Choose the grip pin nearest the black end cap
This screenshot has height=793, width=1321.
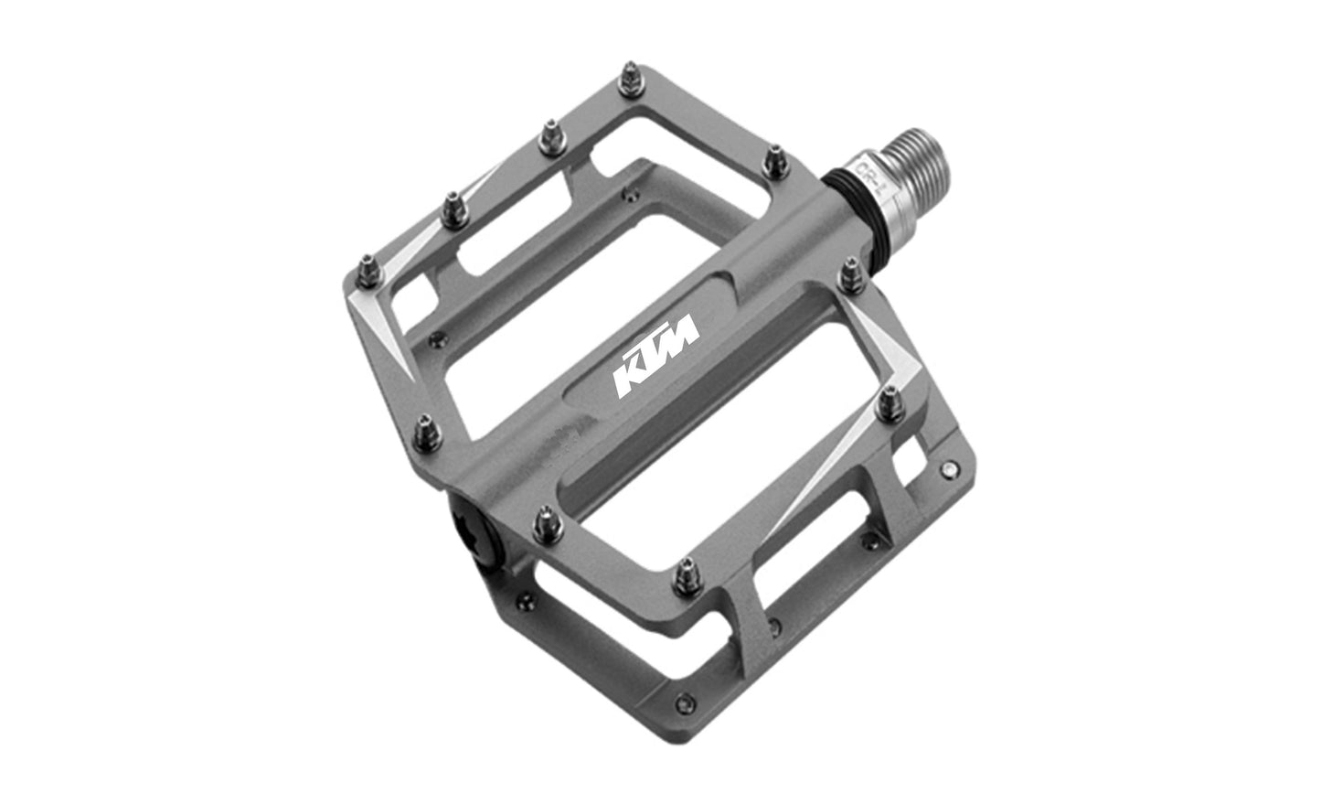point(540,524)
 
